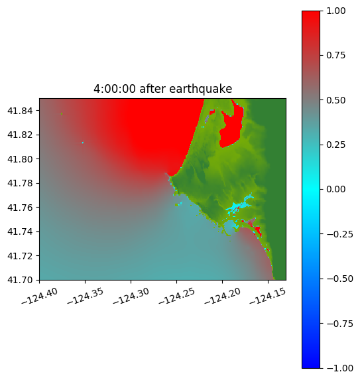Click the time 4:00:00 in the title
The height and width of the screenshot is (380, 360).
pyautogui.click(x=114, y=89)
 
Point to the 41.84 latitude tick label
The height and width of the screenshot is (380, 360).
pyautogui.click(x=20, y=111)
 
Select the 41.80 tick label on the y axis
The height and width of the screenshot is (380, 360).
pyautogui.click(x=20, y=159)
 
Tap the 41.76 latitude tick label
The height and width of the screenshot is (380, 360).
pyautogui.click(x=20, y=208)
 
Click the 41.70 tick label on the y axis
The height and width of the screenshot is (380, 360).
pyautogui.click(x=20, y=280)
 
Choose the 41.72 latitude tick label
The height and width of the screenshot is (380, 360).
pyautogui.click(x=20, y=256)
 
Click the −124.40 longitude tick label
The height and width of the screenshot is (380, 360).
pyautogui.click(x=40, y=296)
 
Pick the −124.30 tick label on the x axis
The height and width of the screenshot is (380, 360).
pyautogui.click(x=131, y=296)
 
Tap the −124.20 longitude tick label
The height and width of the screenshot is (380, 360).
pyautogui.click(x=222, y=296)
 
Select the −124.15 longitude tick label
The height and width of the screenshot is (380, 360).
pyautogui.click(x=267, y=296)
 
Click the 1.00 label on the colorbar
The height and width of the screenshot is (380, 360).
pyautogui.click(x=335, y=11)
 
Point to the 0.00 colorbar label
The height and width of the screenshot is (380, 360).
pyautogui.click(x=335, y=189)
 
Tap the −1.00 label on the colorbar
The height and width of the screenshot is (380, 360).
pyautogui.click(x=339, y=368)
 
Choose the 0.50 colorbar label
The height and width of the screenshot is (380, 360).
pyautogui.click(x=335, y=100)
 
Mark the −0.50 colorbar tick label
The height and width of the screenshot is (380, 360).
pyautogui.click(x=339, y=279)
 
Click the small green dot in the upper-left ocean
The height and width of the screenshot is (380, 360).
pyautogui.click(x=62, y=113)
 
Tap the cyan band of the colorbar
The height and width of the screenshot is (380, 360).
pyautogui.click(x=311, y=189)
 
